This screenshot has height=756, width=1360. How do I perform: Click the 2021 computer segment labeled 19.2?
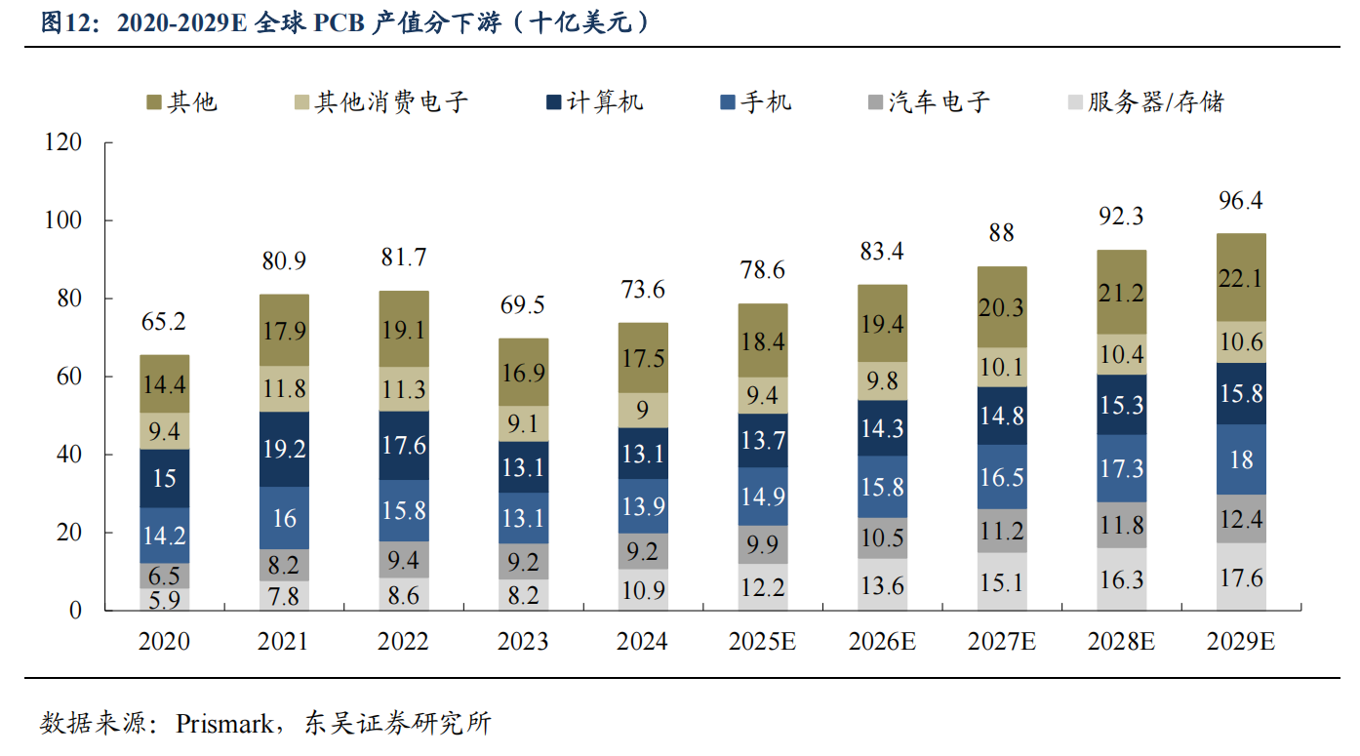tap(284, 449)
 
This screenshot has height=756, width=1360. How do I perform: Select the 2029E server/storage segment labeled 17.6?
tap(1241, 577)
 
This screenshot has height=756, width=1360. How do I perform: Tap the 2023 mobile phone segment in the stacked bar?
tap(523, 517)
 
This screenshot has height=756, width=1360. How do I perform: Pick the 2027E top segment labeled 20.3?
tap(1002, 307)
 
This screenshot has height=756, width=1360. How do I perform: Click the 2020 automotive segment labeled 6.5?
tap(164, 576)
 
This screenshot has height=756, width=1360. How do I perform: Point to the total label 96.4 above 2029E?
tap(1241, 201)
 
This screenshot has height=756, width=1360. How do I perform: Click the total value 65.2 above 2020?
tap(164, 322)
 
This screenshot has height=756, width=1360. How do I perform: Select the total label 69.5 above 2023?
tap(523, 305)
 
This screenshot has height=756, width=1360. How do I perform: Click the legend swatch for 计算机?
tap(553, 102)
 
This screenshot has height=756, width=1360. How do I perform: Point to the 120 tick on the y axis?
tap(63, 143)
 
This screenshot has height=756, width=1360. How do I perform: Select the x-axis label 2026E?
tap(882, 642)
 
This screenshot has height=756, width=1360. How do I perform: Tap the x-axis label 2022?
tap(403, 642)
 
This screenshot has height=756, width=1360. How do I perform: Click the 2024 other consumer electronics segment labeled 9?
tap(642, 411)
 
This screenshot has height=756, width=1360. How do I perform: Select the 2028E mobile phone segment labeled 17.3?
tap(1122, 468)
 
